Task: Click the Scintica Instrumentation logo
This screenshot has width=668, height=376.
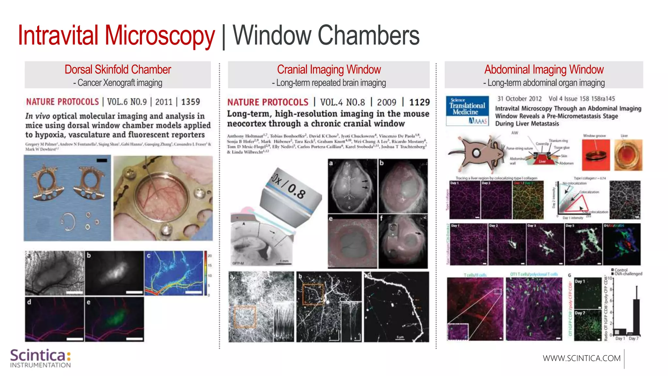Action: point(40,358)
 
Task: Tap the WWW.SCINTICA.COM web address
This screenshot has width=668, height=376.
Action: point(582,358)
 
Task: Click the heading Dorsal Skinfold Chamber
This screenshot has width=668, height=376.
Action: point(118,70)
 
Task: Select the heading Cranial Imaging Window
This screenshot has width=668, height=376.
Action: point(329,70)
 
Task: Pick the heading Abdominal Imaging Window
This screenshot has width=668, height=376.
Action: point(544,70)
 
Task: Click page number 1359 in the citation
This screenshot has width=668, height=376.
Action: point(190,102)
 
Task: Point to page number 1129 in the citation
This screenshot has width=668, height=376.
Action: point(419,102)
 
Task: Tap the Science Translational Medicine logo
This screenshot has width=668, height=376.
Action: point(467,111)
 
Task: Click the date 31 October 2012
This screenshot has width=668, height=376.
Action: point(519,99)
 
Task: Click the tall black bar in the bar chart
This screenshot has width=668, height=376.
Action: point(636,317)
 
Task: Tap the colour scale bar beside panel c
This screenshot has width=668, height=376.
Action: point(205,273)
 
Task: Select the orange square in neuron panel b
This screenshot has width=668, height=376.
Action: point(313,294)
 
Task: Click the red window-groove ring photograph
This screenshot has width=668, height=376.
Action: point(596,155)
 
